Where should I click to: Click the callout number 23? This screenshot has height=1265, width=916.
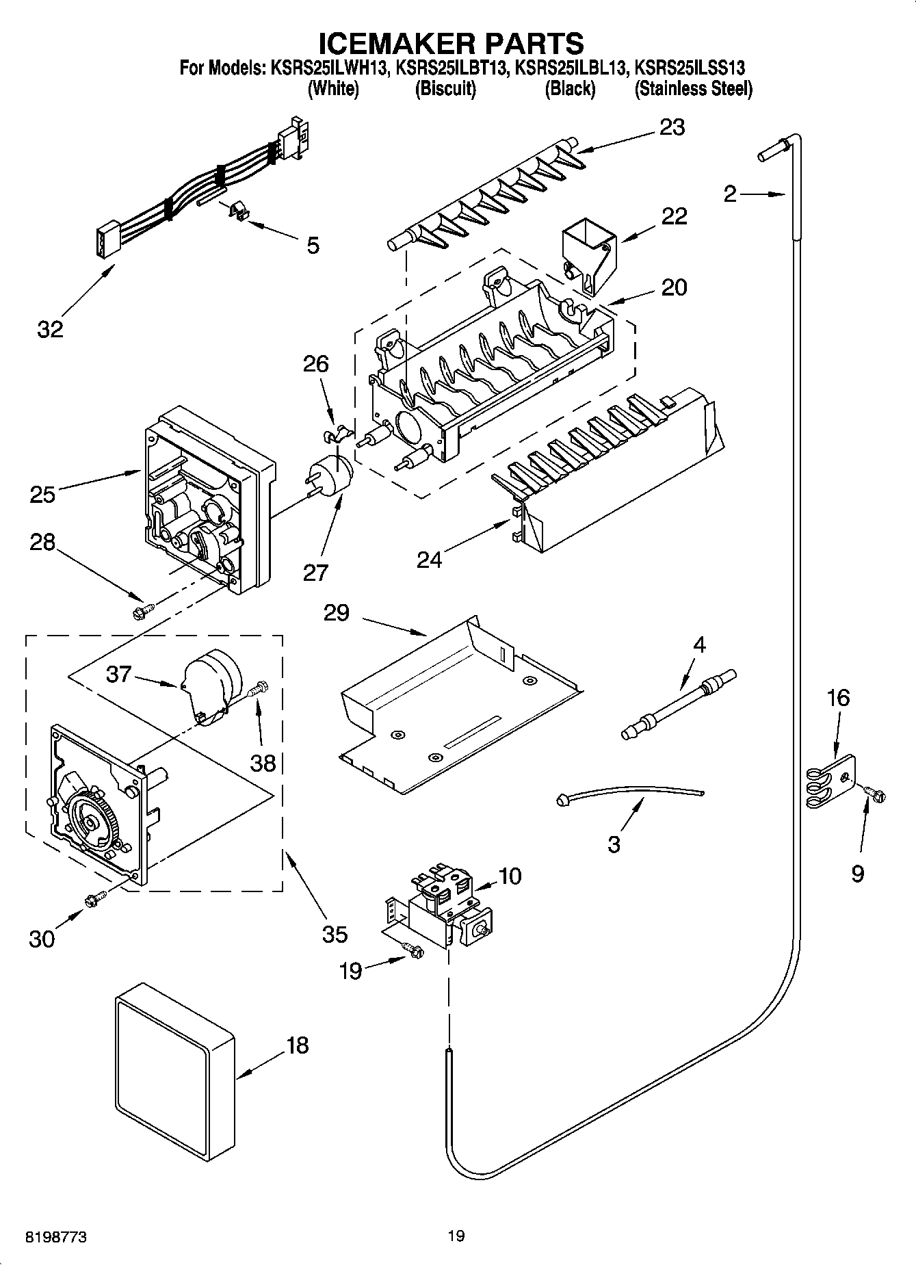point(672,127)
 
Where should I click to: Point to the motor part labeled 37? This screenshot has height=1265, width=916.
point(209,684)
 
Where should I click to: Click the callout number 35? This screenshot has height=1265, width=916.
point(335,934)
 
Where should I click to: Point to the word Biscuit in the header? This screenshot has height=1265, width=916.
point(445,89)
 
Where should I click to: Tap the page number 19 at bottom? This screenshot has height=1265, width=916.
point(456,1236)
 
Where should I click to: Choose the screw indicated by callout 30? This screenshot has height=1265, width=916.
point(94,900)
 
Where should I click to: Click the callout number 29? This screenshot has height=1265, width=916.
point(337,612)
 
